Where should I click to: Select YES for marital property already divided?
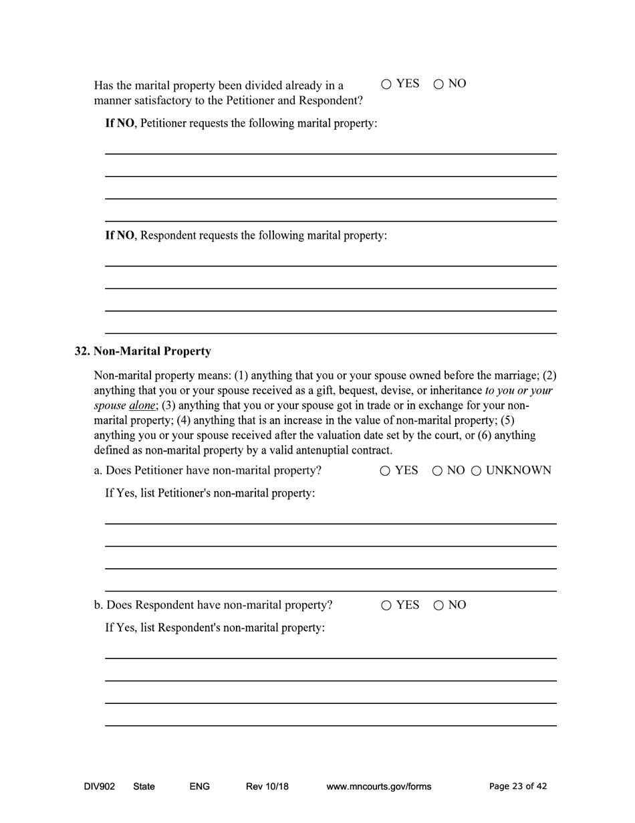pos(386,84)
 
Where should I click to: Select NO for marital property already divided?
pos(438,84)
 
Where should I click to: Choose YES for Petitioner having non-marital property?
pos(386,471)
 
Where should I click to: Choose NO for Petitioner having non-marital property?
pos(437,471)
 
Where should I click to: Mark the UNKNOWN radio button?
pos(477,471)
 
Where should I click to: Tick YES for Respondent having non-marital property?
pos(386,606)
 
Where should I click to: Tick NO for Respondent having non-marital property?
pos(438,606)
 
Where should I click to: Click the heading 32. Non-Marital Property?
pos(142,351)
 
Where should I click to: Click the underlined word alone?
pos(142,405)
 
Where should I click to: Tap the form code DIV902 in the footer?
pos(99,786)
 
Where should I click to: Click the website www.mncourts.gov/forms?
pos(378,786)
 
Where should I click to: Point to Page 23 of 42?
pos(517,786)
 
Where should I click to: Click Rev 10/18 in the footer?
pos(267,786)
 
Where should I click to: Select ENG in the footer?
pos(199,786)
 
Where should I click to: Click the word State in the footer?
pos(144,786)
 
